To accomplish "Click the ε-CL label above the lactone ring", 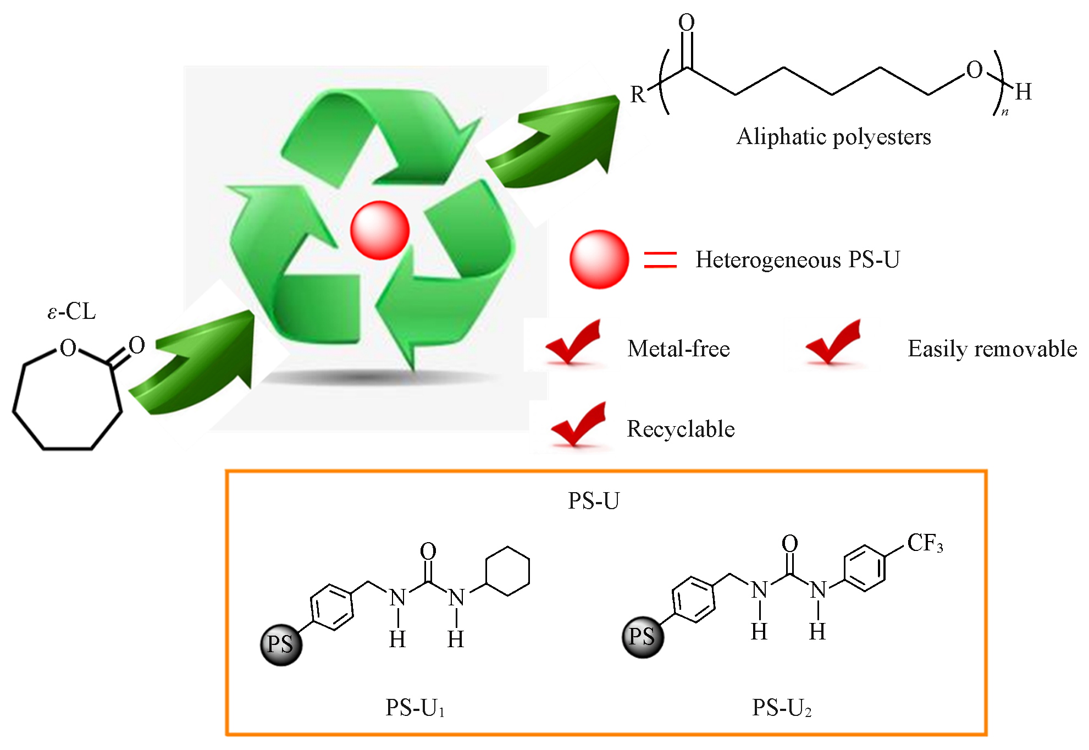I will [71, 312].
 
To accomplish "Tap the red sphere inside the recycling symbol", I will [380, 230].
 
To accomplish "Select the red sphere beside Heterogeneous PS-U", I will [599, 259].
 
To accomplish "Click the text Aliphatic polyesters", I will [833, 136].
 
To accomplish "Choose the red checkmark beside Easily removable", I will [834, 343].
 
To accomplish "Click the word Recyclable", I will [681, 429].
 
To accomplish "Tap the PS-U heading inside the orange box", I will [594, 500].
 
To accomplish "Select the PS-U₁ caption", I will [415, 708].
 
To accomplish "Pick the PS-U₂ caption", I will [782, 708].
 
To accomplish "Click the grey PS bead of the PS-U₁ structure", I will [281, 644].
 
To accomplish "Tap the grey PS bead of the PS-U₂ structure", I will [643, 637].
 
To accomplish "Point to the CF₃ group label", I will [925, 543].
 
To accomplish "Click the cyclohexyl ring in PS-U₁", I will [507, 571].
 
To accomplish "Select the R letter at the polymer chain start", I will [637, 95].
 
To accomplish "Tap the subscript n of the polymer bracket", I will [1005, 112].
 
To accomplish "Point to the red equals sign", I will [660, 260].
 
